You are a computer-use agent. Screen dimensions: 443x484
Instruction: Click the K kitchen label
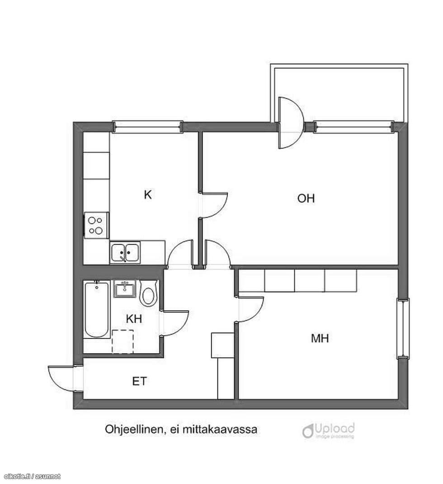[148, 195]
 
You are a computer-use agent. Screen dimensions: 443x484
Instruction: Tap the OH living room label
[306, 198]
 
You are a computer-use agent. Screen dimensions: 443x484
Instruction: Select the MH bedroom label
[320, 338]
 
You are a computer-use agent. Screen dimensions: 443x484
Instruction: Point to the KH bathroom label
[134, 319]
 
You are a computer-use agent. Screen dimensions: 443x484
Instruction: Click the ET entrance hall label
[140, 381]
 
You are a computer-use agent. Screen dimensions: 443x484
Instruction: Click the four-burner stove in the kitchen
[96, 225]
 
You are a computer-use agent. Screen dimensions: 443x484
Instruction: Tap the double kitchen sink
[125, 253]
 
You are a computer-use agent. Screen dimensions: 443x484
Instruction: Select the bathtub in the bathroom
[97, 310]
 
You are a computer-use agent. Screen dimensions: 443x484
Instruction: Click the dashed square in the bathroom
[123, 342]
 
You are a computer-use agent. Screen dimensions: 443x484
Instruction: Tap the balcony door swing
[291, 123]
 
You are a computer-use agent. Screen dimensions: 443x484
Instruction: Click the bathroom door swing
[175, 323]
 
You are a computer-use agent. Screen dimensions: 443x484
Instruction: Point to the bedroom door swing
[251, 310]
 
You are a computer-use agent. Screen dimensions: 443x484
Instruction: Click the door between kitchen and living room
[215, 205]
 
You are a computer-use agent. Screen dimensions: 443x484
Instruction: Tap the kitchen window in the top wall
[147, 126]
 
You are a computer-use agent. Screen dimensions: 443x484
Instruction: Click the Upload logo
[328, 431]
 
